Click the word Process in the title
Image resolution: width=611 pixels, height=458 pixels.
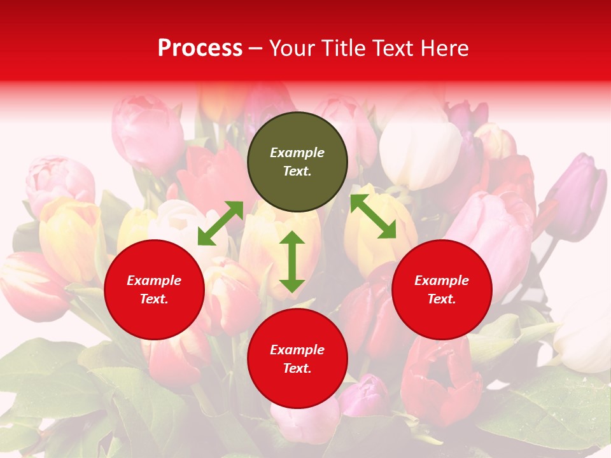coord(200,48)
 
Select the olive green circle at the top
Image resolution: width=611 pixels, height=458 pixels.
coord(297,162)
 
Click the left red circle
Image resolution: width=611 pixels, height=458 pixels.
coord(154,290)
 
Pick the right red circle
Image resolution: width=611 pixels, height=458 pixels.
coord(442,290)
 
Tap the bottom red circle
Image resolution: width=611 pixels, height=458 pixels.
coord(297,359)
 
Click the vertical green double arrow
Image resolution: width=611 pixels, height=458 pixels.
coord(292,261)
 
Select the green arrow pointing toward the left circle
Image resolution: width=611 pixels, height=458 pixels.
coord(220,223)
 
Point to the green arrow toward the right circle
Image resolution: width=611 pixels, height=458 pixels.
coord(374,216)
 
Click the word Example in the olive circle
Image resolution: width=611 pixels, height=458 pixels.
coord(297,153)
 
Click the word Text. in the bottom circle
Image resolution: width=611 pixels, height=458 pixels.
coord(297,368)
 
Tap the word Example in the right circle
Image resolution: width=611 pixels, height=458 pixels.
coord(442,281)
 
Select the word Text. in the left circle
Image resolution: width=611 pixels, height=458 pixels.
coord(154,299)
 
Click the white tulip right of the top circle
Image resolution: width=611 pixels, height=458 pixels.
coord(420,153)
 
